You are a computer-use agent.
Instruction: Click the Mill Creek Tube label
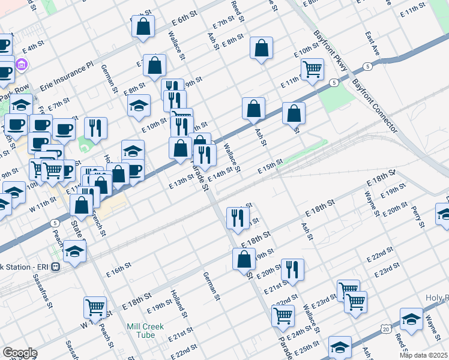coord(143,332)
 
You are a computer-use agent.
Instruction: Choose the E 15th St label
coord(270,166)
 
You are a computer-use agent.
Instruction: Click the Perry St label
coord(418,216)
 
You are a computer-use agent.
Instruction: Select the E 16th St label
coord(120,267)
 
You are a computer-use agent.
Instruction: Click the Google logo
coord(19,353)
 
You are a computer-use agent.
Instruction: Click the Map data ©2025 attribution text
coord(424,355)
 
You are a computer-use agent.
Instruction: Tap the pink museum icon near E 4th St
coord(22,64)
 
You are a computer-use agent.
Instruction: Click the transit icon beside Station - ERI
coord(55,266)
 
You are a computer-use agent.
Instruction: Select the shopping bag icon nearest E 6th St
coord(143,26)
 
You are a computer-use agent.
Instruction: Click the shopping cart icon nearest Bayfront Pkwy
coord(312,70)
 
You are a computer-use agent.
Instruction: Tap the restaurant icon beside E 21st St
coord(292,269)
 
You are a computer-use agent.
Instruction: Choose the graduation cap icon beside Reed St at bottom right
coord(411,319)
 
